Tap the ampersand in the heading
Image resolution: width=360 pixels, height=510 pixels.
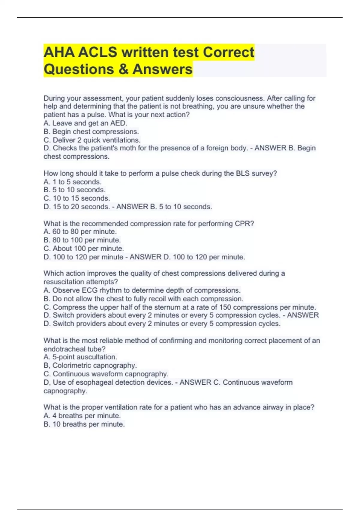[123, 69]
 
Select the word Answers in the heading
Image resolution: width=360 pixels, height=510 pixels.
[162, 69]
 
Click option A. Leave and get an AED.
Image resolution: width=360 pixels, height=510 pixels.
[85, 123]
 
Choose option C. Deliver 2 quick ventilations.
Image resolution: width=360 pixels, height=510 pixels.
[92, 140]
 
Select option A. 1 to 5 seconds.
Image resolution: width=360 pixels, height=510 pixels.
[73, 182]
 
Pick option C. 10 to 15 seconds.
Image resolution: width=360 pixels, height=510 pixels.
[77, 198]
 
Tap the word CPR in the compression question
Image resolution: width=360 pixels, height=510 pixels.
[246, 223]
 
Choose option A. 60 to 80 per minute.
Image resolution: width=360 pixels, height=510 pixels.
[80, 232]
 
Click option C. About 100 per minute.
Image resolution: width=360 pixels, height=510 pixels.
[84, 248]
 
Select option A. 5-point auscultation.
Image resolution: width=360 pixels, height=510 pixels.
[80, 357]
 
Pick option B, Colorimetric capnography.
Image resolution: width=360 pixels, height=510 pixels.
[90, 365]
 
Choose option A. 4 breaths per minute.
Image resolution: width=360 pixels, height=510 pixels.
[82, 416]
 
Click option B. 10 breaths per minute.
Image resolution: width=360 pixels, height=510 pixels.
[84, 424]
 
